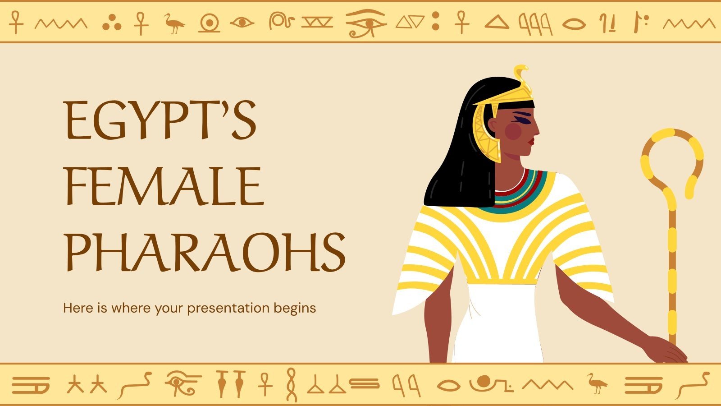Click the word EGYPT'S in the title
click(x=160, y=120)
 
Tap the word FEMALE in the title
click(x=165, y=186)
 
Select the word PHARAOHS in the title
click(x=205, y=252)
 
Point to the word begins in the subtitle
click(x=295, y=309)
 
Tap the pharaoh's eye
click(x=522, y=118)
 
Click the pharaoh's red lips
click(x=531, y=141)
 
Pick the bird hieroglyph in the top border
click(x=174, y=23)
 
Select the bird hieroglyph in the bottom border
click(x=597, y=383)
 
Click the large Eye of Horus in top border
click(x=366, y=23)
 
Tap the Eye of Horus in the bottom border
click(x=182, y=382)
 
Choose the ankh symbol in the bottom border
click(x=265, y=384)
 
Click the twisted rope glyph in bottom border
click(x=291, y=385)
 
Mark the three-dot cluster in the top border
click(x=112, y=23)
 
